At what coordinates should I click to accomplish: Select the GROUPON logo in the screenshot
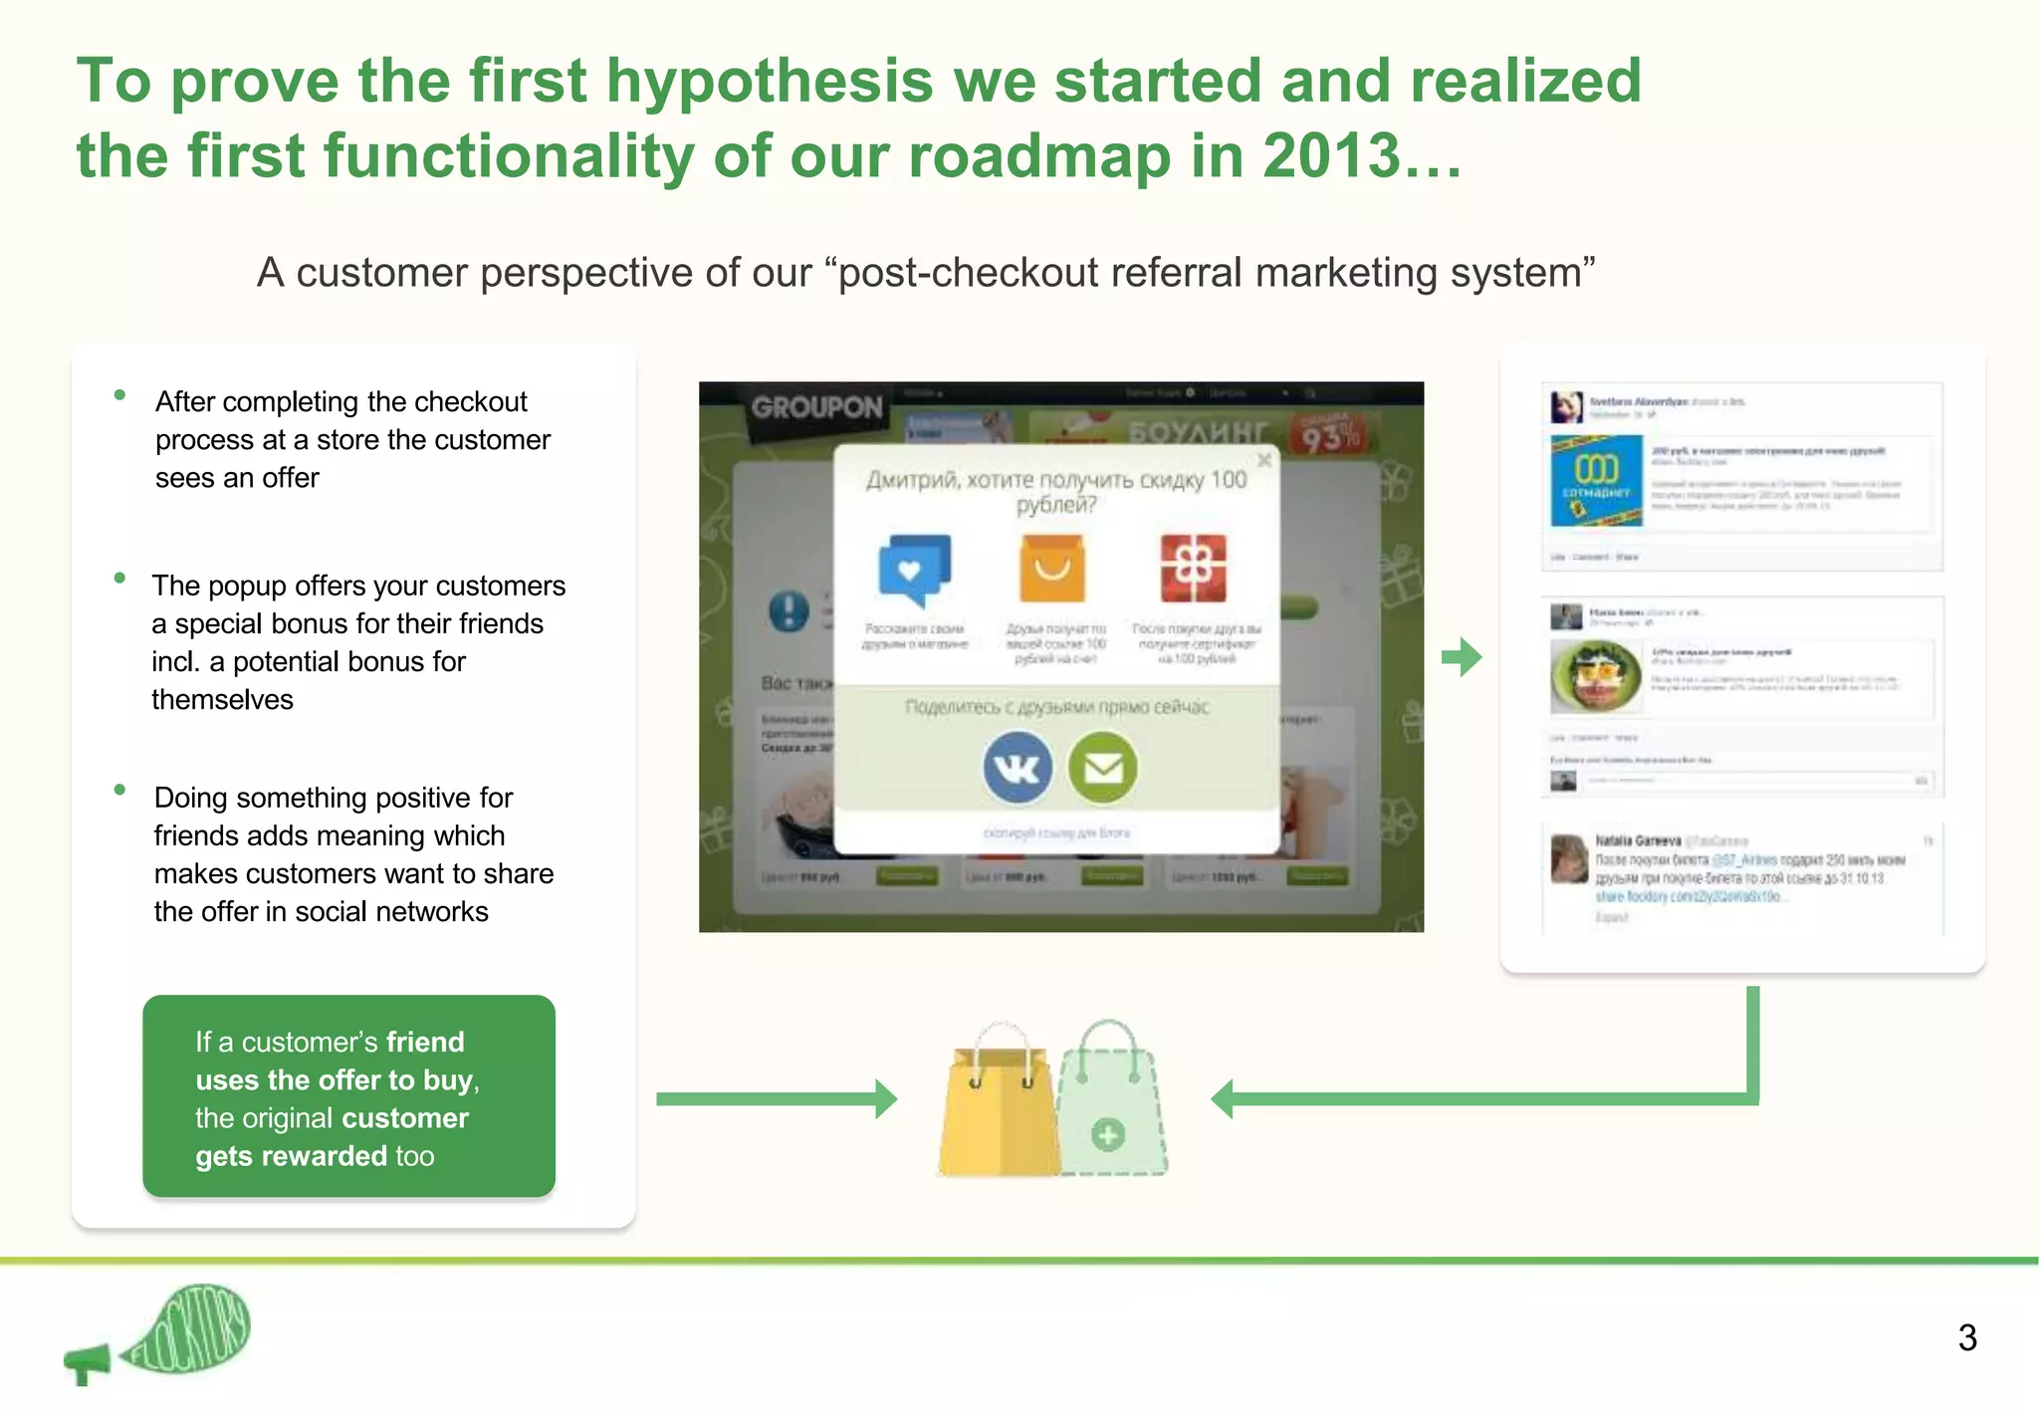click(816, 407)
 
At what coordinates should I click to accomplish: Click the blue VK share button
click(1017, 767)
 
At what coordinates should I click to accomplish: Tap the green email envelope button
click(1102, 767)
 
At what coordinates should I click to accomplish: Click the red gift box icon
click(1193, 568)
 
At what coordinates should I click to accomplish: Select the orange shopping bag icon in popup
click(1051, 568)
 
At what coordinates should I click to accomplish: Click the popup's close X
click(1263, 460)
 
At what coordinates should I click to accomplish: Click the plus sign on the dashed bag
click(1107, 1134)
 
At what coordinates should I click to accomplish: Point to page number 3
click(1966, 1337)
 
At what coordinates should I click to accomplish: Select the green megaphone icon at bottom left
click(88, 1362)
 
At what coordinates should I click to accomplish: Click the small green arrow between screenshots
click(1462, 656)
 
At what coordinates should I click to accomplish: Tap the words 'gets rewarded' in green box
click(291, 1156)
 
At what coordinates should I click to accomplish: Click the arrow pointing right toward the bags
click(777, 1098)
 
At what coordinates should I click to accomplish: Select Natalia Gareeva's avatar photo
click(1569, 858)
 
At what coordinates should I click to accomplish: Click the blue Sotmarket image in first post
click(1596, 481)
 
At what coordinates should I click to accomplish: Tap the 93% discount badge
click(1328, 434)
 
